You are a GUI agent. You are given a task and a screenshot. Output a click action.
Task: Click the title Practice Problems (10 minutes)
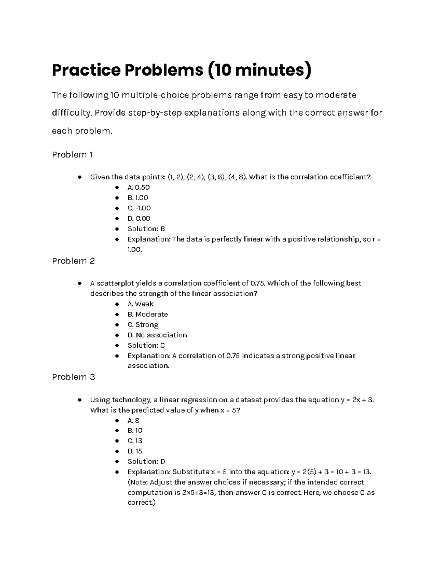click(182, 70)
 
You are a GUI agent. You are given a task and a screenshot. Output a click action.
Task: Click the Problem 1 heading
click(72, 155)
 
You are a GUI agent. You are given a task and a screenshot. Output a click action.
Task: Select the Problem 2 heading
click(73, 261)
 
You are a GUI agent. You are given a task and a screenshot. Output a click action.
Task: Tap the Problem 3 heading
click(73, 377)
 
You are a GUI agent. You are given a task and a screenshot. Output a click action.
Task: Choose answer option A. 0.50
click(138, 187)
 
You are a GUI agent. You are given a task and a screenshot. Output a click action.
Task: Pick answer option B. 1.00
click(137, 197)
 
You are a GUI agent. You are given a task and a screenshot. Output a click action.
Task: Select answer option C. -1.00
click(139, 208)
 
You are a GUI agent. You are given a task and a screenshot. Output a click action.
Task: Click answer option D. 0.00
click(139, 218)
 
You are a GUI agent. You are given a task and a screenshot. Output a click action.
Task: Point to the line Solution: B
click(146, 229)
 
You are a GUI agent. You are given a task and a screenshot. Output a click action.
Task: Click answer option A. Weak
click(140, 304)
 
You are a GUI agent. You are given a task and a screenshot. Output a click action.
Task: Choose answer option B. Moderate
click(147, 314)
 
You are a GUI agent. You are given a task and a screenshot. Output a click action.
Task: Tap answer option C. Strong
click(143, 324)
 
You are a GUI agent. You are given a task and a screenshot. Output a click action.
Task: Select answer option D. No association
click(157, 335)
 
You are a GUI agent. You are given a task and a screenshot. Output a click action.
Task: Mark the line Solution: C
click(146, 345)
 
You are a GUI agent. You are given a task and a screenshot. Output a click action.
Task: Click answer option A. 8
click(133, 421)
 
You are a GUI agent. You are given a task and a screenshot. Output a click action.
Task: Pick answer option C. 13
click(135, 441)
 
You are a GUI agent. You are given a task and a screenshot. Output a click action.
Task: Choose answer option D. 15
click(135, 451)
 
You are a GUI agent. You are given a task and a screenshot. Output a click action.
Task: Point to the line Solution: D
click(146, 461)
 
